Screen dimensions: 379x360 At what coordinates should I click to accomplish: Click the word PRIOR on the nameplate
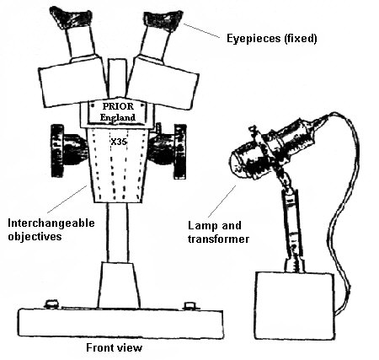click(118, 106)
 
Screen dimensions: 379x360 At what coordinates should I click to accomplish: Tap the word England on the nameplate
click(118, 117)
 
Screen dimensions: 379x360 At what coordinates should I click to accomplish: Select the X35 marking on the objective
click(119, 142)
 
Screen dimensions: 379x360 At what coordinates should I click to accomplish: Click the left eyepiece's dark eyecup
click(71, 18)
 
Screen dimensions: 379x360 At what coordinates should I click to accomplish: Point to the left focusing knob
click(67, 151)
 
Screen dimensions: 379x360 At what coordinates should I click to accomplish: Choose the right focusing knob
click(168, 151)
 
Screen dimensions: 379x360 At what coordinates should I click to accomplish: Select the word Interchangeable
click(51, 223)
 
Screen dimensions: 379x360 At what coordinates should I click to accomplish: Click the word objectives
click(35, 236)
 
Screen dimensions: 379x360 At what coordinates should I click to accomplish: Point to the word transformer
click(218, 239)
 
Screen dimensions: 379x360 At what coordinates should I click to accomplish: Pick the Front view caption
click(115, 347)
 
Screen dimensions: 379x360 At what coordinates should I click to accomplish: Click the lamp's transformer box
click(295, 305)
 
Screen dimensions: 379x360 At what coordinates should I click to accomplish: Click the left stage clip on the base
click(52, 304)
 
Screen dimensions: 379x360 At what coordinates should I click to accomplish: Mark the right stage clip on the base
click(189, 305)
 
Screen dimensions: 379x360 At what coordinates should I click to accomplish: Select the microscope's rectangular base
click(120, 323)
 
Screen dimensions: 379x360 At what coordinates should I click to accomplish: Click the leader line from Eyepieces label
click(201, 30)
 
